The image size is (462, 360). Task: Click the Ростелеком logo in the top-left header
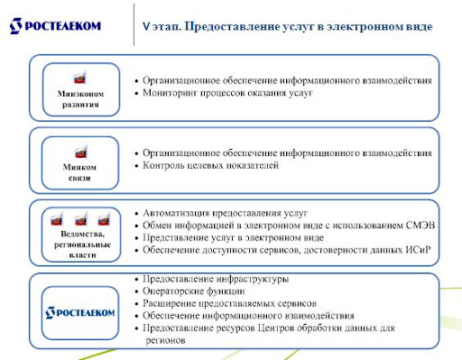click(55, 26)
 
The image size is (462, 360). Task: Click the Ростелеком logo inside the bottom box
click(80, 313)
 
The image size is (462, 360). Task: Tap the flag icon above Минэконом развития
click(80, 78)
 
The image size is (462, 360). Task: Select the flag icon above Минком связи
click(81, 152)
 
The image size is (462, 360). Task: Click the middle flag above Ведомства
click(81, 218)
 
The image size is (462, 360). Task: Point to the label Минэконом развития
click(80, 99)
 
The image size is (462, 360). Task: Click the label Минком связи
click(79, 172)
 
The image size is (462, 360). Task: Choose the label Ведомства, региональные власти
click(82, 245)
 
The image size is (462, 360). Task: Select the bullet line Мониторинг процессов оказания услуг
click(227, 93)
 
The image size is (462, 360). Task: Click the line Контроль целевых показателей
click(210, 165)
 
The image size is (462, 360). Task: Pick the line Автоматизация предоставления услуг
click(225, 213)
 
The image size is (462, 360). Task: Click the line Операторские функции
click(194, 291)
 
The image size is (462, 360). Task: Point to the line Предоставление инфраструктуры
click(216, 279)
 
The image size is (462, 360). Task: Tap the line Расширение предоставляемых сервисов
click(229, 303)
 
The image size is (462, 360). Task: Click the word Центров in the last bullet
click(276, 328)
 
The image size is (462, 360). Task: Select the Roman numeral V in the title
click(146, 26)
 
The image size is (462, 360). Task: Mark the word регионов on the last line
click(165, 340)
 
